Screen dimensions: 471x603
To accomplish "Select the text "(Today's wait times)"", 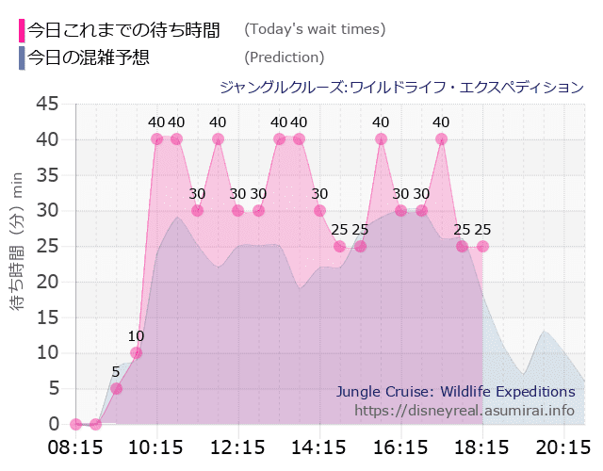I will [x=315, y=29].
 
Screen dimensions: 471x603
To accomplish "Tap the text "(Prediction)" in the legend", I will [x=284, y=57].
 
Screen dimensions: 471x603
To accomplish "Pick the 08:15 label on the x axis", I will [x=75, y=445].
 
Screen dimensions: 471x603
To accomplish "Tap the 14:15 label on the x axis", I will [x=319, y=445].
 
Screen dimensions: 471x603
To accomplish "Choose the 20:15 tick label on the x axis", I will [x=563, y=445].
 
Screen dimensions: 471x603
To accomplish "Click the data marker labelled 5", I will [x=116, y=388].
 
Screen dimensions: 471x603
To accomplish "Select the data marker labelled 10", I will [x=137, y=353].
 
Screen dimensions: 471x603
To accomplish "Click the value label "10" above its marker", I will [x=137, y=336].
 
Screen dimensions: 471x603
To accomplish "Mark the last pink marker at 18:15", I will [x=482, y=247].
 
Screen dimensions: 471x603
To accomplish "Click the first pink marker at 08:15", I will [x=75, y=424].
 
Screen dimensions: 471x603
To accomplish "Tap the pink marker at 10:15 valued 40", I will [x=156, y=139].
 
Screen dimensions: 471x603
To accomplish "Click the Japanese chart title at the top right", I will [x=401, y=88].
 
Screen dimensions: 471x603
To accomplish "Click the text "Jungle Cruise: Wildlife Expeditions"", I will [x=455, y=391].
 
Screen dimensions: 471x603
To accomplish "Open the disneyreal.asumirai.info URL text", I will [x=464, y=411].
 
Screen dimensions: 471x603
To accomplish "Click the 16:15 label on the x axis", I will [x=400, y=445].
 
